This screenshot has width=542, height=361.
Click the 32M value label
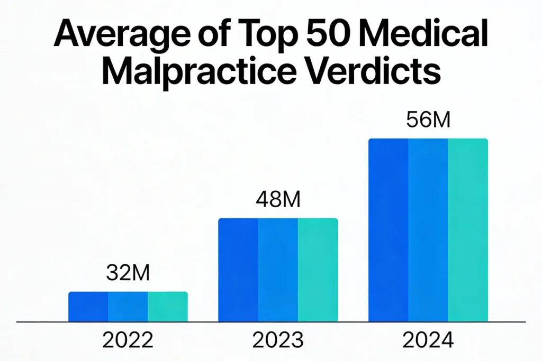(x=128, y=273)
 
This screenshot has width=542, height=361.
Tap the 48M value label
(x=278, y=199)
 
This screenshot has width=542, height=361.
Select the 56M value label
(x=428, y=120)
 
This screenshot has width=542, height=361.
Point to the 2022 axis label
(x=128, y=340)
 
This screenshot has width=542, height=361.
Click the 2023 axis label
(x=278, y=340)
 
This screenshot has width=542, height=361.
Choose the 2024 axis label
(x=428, y=340)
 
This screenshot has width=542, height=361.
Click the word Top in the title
(x=264, y=35)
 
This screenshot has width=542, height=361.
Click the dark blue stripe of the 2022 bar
(x=88, y=307)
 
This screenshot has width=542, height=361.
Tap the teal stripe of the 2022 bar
(x=168, y=307)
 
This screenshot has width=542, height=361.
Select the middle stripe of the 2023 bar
(x=278, y=270)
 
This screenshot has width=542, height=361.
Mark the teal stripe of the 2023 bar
(x=318, y=270)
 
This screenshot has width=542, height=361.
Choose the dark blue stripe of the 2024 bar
(x=388, y=230)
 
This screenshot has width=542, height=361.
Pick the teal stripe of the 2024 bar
(x=468, y=230)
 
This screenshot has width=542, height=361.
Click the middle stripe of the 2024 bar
(x=428, y=230)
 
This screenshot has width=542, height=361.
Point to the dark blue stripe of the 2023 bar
(x=238, y=270)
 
